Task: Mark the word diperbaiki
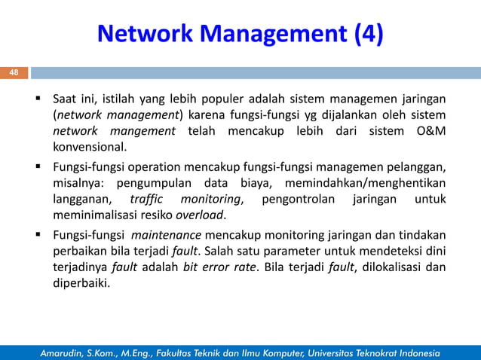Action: tap(81, 284)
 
